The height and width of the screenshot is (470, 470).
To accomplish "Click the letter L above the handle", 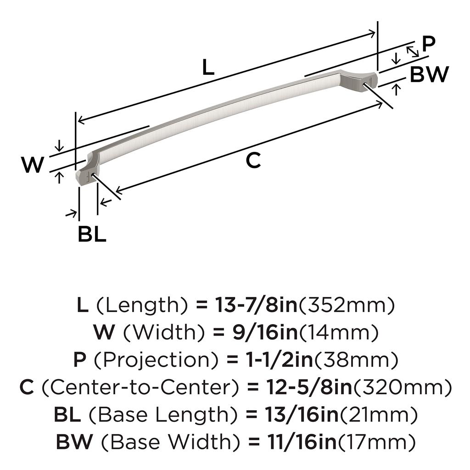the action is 208,67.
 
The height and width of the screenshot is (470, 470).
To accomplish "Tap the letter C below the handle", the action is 253,160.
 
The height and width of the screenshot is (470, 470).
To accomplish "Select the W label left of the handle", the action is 33,165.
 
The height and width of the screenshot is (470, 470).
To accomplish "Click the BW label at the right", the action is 429,74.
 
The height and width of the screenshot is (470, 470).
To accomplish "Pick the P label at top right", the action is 428,44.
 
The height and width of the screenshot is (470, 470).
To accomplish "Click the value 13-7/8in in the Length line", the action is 256,305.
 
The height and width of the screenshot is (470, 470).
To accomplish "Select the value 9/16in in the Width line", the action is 265,332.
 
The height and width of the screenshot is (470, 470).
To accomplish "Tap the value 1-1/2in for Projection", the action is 280,360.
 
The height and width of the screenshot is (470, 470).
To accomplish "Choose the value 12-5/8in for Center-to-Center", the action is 309,387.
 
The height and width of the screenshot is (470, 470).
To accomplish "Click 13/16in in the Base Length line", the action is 302,414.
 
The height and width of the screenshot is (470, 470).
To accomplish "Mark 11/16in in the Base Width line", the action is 302,442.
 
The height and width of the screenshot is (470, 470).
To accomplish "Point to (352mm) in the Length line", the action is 347,305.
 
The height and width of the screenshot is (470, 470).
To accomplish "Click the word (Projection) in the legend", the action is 156,360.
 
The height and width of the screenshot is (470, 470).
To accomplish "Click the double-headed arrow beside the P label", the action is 413,51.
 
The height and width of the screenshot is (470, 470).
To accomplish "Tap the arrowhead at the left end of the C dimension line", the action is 119,190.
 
